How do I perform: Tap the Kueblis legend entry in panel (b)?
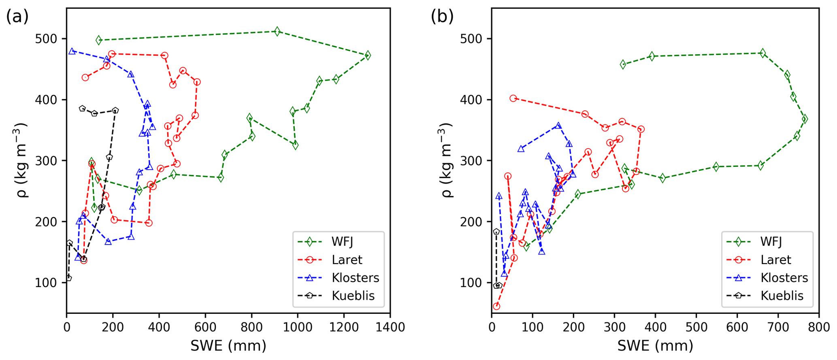pyautogui.click(x=782, y=296)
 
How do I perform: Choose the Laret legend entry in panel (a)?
pyautogui.click(x=347, y=260)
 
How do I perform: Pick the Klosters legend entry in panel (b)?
pyautogui.click(x=784, y=278)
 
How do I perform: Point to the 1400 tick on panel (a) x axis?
pyautogui.click(x=390, y=327)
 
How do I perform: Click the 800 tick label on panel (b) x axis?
pyautogui.click(x=818, y=327)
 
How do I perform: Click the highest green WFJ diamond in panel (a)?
pyautogui.click(x=277, y=31)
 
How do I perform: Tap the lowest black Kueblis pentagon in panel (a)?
pyautogui.click(x=68, y=278)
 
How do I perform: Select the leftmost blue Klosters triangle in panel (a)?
pyautogui.click(x=72, y=51)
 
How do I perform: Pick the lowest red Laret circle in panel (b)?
pyautogui.click(x=496, y=306)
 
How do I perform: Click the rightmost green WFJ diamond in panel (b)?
pyautogui.click(x=805, y=119)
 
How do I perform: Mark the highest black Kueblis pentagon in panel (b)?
pyautogui.click(x=496, y=232)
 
